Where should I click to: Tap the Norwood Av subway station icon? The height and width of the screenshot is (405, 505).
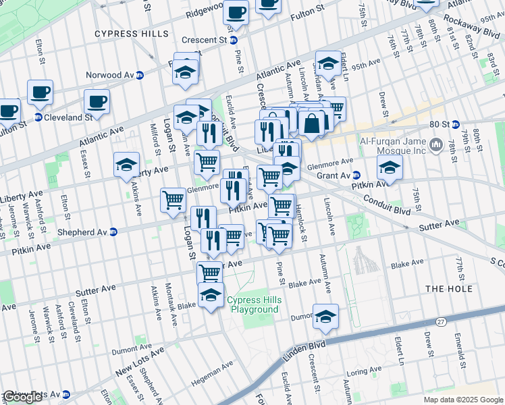[140, 75]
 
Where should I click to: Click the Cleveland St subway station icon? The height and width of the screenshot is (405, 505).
[38, 117]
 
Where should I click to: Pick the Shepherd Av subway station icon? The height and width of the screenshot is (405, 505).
[113, 232]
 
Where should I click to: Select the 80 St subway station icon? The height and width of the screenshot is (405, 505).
[455, 124]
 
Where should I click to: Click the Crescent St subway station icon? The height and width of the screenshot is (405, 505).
[234, 40]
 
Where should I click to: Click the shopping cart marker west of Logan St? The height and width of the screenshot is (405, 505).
[174, 200]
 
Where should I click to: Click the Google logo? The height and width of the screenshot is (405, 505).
[22, 397]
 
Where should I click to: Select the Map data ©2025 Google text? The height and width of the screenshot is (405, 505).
[462, 400]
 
